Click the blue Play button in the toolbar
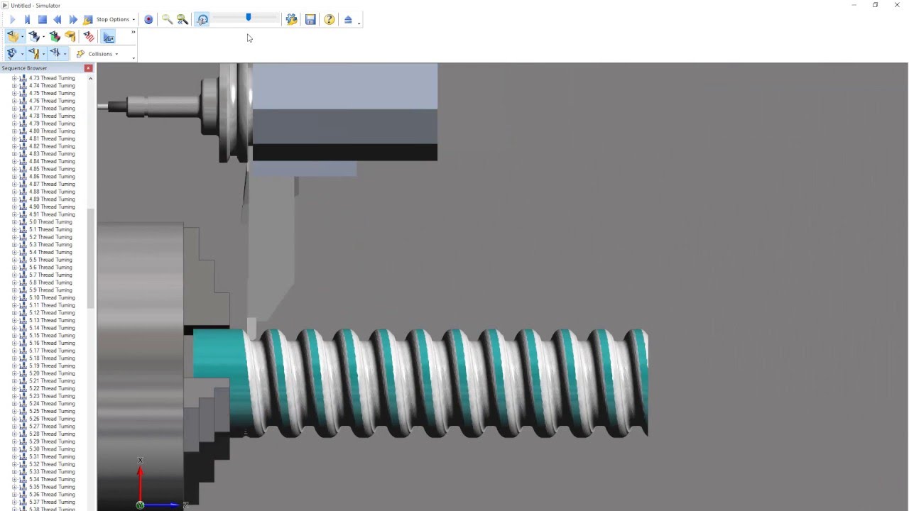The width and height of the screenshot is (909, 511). [12, 20]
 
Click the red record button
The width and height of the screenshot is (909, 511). [148, 20]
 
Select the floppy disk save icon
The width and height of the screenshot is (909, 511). [310, 20]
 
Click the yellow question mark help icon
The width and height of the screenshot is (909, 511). [330, 20]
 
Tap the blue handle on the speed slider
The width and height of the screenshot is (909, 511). [248, 17]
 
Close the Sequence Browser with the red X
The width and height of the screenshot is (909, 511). [88, 68]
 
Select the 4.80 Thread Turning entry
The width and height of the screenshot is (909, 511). [51, 131]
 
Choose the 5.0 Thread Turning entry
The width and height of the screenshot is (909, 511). [50, 222]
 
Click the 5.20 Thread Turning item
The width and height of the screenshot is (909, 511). [51, 373]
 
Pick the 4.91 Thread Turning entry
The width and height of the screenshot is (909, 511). [51, 214]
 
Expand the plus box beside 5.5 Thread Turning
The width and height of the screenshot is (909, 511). [14, 260]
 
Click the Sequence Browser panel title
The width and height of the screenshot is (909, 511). [24, 68]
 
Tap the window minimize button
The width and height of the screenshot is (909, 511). [854, 5]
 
